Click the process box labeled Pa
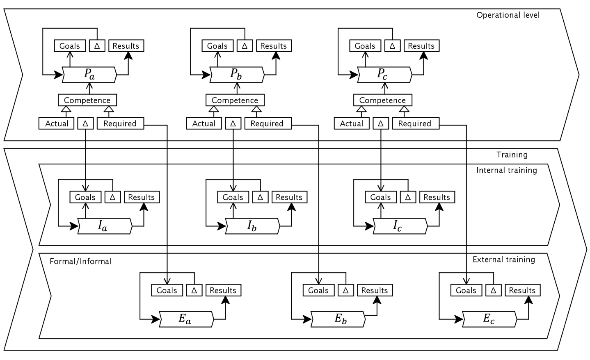coord(89,75)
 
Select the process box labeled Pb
coord(237,75)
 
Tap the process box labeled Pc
coord(384,75)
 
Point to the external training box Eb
coord(338,319)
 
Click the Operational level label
coord(508,15)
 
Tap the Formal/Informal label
coord(80,261)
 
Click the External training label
coord(504,260)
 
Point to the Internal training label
coord(507,170)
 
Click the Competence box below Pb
coord(235,100)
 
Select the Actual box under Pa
coord(57,123)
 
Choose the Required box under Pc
coord(415,123)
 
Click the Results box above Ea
coord(223,290)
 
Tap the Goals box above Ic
coord(381,197)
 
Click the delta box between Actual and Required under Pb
coord(233,123)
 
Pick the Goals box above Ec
coord(466,290)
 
